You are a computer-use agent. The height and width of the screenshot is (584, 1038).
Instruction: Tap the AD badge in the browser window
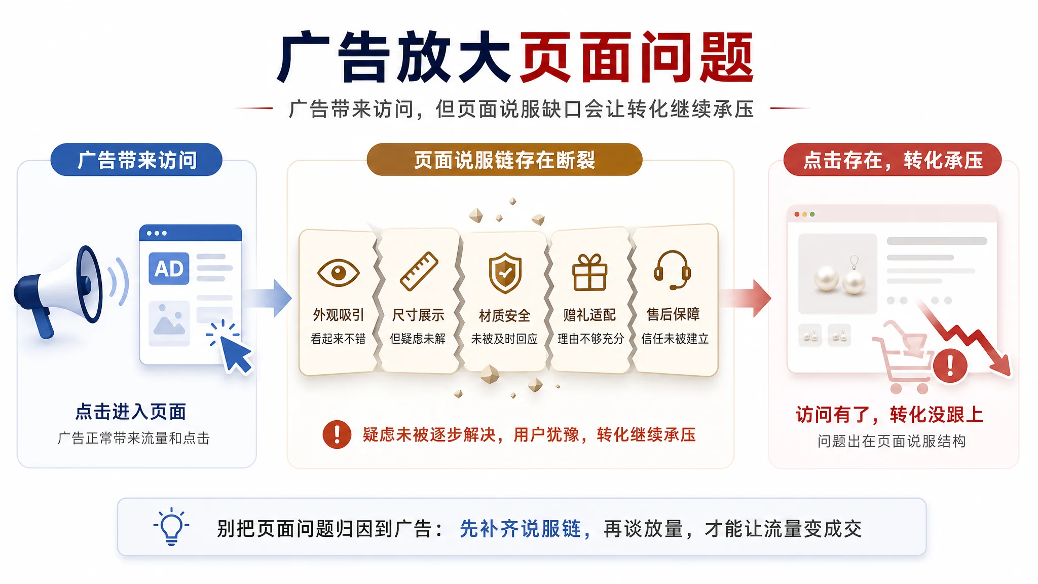tap(169, 269)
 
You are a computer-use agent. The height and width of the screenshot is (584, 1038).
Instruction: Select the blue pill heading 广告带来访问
tap(136, 160)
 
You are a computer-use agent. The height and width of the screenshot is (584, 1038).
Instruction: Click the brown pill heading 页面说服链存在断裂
tap(504, 160)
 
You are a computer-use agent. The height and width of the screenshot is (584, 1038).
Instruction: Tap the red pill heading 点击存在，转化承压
tap(893, 160)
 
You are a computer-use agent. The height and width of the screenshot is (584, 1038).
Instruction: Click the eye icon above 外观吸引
tap(338, 273)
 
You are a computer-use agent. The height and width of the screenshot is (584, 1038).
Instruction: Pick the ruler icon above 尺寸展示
tap(419, 271)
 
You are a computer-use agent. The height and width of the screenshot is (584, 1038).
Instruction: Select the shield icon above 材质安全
tap(505, 273)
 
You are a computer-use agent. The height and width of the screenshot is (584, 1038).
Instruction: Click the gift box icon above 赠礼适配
tap(589, 272)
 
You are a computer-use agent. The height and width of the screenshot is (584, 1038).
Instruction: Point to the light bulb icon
tap(171, 526)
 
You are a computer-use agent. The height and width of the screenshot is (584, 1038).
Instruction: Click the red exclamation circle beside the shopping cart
tap(950, 365)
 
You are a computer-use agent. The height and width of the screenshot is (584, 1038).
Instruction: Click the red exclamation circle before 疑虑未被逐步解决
tap(337, 434)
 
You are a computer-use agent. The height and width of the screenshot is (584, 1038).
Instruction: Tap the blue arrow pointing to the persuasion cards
tap(268, 298)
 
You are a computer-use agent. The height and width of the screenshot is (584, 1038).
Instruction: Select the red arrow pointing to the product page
tap(746, 298)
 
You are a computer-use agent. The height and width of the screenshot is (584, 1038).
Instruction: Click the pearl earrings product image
tap(837, 274)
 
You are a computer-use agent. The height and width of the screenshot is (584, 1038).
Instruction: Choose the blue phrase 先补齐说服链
tap(520, 529)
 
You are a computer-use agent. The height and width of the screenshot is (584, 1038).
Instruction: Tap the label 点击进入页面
tap(131, 412)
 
